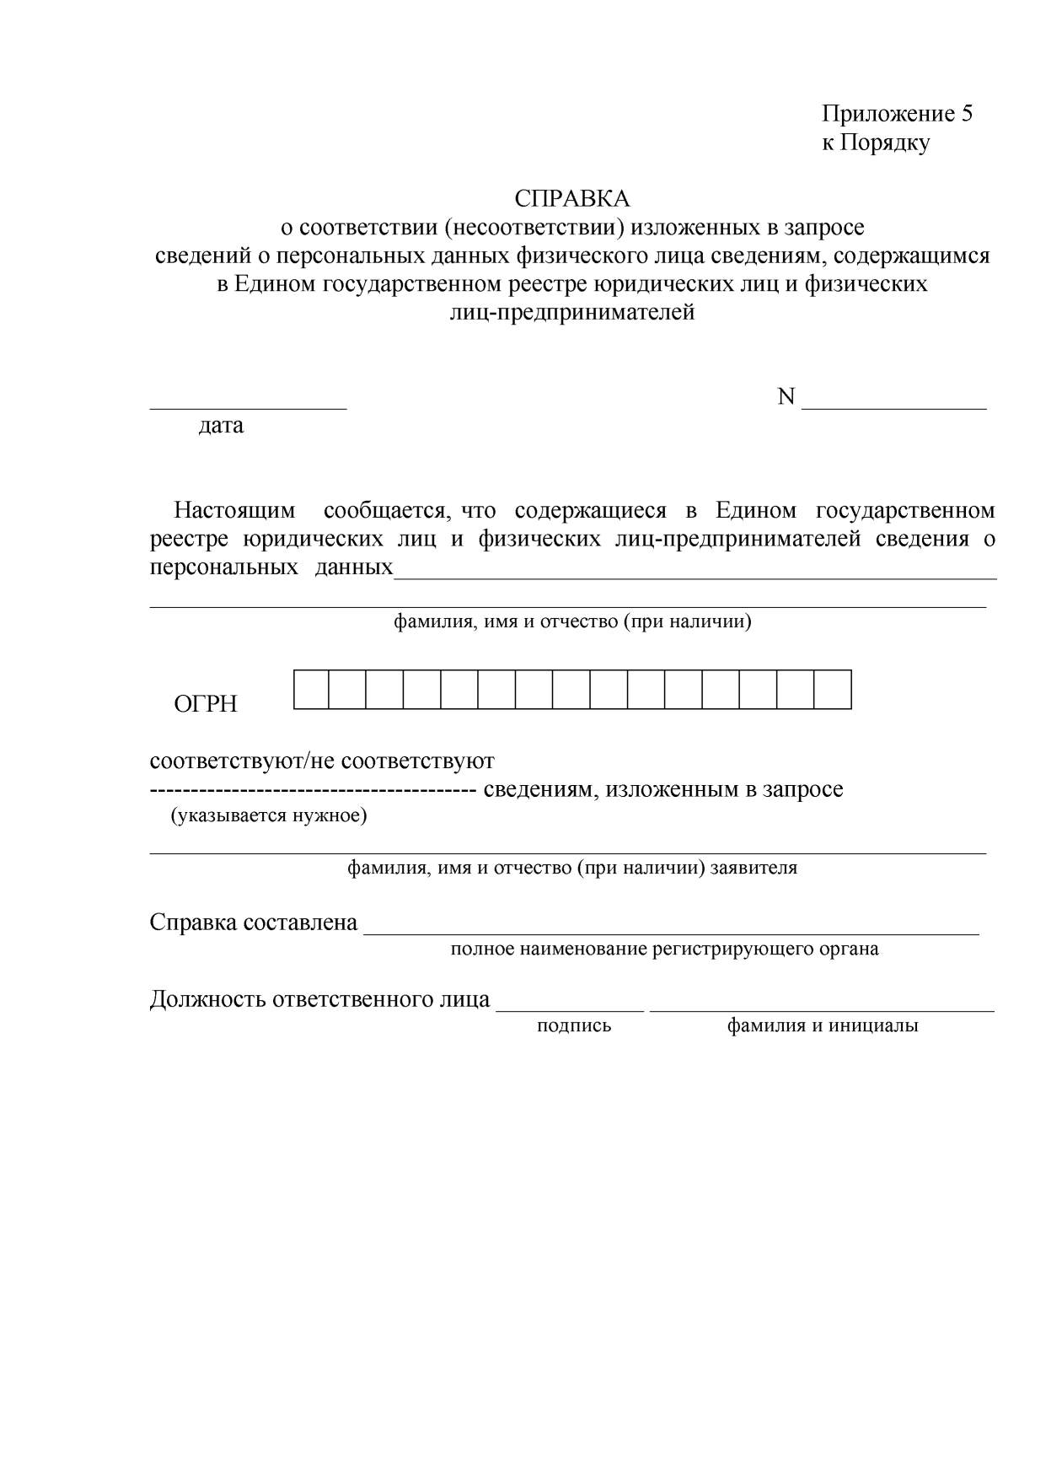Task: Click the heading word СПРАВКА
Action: click(x=572, y=199)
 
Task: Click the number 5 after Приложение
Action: click(x=966, y=114)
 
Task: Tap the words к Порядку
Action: click(x=876, y=143)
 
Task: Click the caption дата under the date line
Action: click(x=221, y=425)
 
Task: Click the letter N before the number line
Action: click(x=786, y=397)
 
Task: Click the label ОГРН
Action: click(x=206, y=704)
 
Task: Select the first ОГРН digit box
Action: click(x=311, y=690)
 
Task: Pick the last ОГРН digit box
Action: click(x=833, y=690)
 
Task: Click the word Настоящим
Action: click(x=234, y=511)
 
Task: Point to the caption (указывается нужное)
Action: click(x=269, y=815)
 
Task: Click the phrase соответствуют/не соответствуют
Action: click(x=322, y=761)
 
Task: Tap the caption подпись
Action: click(x=574, y=1026)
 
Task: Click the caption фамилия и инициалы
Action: click(x=823, y=1026)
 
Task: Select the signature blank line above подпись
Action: click(x=570, y=1009)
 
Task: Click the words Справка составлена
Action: click(x=254, y=922)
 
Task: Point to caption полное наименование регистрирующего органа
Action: click(x=664, y=949)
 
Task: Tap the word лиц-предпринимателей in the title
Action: click(x=572, y=313)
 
